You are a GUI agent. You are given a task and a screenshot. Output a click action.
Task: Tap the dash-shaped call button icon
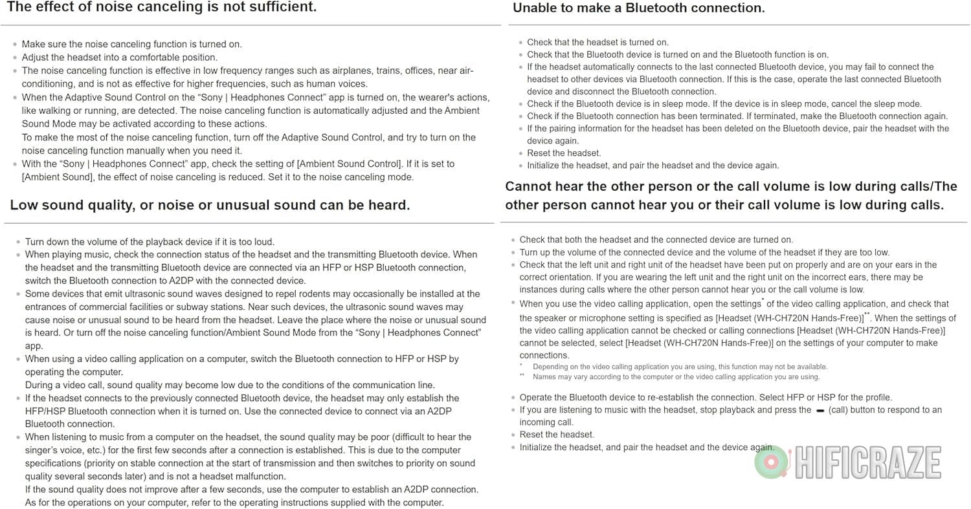point(820,410)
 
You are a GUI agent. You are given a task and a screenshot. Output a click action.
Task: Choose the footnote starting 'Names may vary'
point(676,376)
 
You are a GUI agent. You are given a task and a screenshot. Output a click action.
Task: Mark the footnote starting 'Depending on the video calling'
point(680,367)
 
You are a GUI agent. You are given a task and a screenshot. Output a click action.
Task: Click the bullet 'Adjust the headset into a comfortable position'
point(120,58)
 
